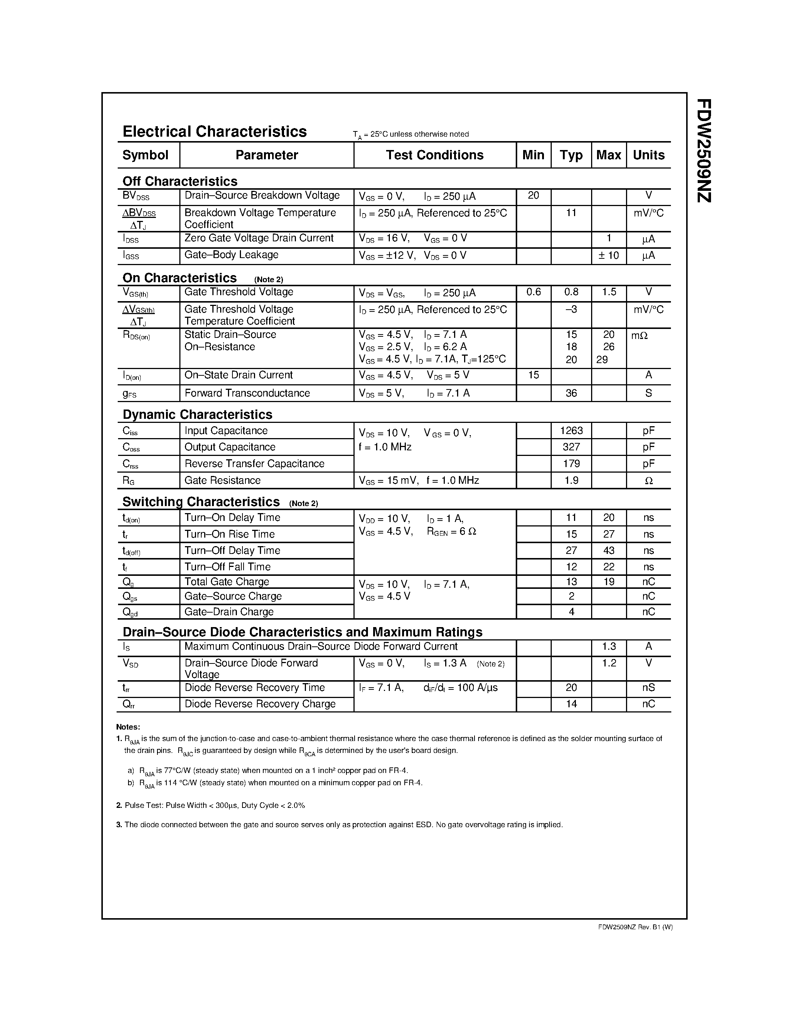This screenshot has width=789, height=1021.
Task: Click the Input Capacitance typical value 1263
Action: [x=571, y=431]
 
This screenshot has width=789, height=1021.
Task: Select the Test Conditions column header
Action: [x=434, y=155]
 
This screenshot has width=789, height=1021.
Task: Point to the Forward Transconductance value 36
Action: [x=571, y=393]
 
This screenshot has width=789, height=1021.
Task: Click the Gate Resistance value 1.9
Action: [x=571, y=480]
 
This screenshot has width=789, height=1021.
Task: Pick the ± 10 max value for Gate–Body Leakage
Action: [x=609, y=255]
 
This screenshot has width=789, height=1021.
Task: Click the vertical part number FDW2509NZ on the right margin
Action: [x=704, y=150]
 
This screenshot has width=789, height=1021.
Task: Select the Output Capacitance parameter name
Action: [x=229, y=447]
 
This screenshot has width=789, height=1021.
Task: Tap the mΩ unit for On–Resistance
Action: [x=639, y=335]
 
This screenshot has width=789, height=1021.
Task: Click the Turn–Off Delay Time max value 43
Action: [x=609, y=550]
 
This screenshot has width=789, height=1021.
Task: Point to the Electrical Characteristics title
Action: [x=215, y=131]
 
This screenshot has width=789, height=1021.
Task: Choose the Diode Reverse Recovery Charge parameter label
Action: [x=260, y=704]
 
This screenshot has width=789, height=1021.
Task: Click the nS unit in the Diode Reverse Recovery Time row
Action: [x=648, y=688]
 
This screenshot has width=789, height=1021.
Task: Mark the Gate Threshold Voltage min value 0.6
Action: [x=533, y=292]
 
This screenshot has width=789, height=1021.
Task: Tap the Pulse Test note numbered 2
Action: [x=210, y=806]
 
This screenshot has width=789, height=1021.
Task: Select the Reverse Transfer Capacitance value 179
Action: [x=571, y=464]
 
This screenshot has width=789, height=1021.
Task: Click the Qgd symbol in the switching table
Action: [x=130, y=612]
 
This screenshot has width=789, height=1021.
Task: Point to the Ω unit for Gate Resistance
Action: [x=648, y=480]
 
